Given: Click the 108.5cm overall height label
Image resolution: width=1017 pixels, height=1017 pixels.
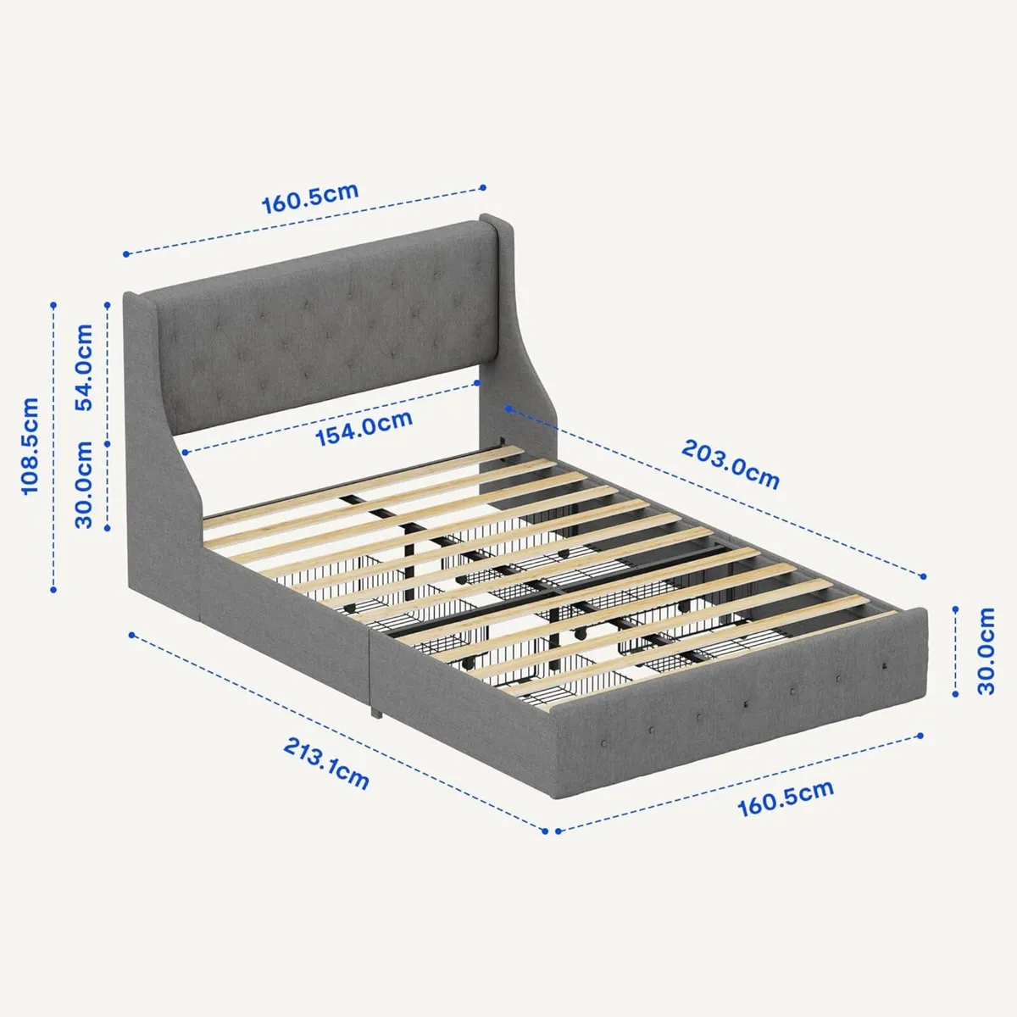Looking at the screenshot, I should tap(31, 447).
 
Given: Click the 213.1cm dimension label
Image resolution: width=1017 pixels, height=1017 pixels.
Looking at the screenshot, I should tap(326, 763).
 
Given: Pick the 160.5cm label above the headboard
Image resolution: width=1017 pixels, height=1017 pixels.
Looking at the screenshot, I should tap(310, 197).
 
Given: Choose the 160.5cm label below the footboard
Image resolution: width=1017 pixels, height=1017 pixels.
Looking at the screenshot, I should tap(786, 798).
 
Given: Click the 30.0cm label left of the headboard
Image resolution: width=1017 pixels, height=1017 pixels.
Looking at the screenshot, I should tap(84, 485).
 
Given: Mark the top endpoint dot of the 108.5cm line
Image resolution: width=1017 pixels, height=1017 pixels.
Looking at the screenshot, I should tap(53, 304).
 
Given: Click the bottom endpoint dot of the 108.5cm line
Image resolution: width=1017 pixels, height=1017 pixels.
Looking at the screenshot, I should tap(53, 590).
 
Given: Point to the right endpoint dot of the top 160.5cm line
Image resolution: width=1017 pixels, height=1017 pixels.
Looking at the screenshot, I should tap(483, 187).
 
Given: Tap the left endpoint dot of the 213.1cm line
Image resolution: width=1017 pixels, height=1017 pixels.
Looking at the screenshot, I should tap(131, 634).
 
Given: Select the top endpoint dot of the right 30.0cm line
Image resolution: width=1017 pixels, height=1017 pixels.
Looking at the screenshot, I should tap(955, 609).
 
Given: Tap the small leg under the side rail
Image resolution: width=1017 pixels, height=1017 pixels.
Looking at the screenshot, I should tap(374, 709).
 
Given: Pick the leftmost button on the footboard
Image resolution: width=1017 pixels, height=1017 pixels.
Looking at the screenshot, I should tap(604, 742).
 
